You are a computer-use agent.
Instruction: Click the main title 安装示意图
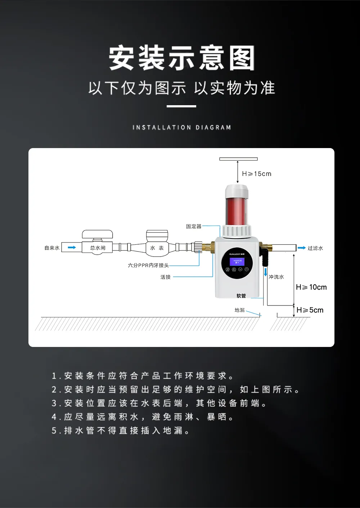point(181,58)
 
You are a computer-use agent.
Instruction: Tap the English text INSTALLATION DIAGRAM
point(181,128)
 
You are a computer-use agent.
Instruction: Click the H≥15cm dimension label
point(257,174)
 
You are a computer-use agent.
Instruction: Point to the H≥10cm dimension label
point(311,287)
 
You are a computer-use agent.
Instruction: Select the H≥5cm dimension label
point(310,310)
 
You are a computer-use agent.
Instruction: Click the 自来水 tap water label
point(52,248)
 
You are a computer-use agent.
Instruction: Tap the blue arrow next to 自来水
point(72,248)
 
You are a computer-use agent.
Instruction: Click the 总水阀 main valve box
point(98,248)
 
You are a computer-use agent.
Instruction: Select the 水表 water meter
point(157,248)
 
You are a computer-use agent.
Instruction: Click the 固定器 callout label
point(194,226)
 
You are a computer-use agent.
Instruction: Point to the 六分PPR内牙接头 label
point(148,265)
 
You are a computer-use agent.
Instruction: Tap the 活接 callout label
point(166,277)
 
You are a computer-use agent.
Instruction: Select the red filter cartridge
point(237,211)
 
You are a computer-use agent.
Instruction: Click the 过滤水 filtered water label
point(315,248)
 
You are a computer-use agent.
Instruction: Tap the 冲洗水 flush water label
point(276,277)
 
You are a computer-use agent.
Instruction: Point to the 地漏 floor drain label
point(239,310)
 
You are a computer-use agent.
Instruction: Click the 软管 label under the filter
point(241,296)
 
